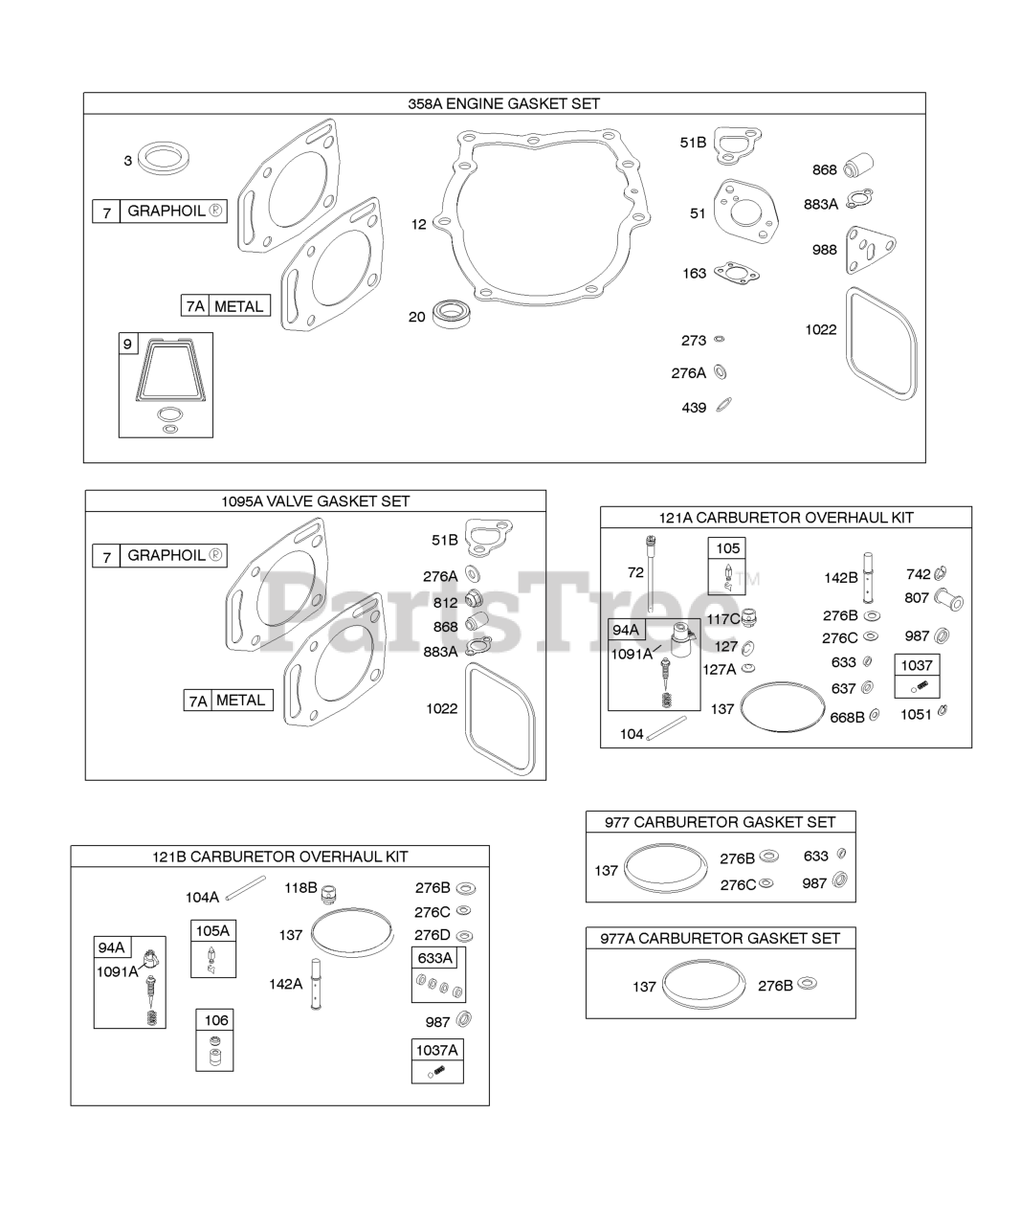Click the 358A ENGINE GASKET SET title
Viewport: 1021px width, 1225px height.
tap(503, 104)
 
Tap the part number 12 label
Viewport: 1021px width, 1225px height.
tap(418, 224)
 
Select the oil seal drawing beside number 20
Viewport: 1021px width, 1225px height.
tap(452, 314)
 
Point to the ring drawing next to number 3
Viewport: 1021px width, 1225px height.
tap(163, 158)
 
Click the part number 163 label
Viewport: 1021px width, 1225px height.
tap(694, 274)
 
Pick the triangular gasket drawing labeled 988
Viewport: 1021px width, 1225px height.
tap(870, 250)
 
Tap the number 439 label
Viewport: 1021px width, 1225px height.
tap(694, 408)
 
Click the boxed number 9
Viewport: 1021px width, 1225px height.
tap(128, 344)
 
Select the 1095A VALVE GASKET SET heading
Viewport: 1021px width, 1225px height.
tap(315, 501)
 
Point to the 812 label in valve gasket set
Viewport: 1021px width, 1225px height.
tap(445, 603)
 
